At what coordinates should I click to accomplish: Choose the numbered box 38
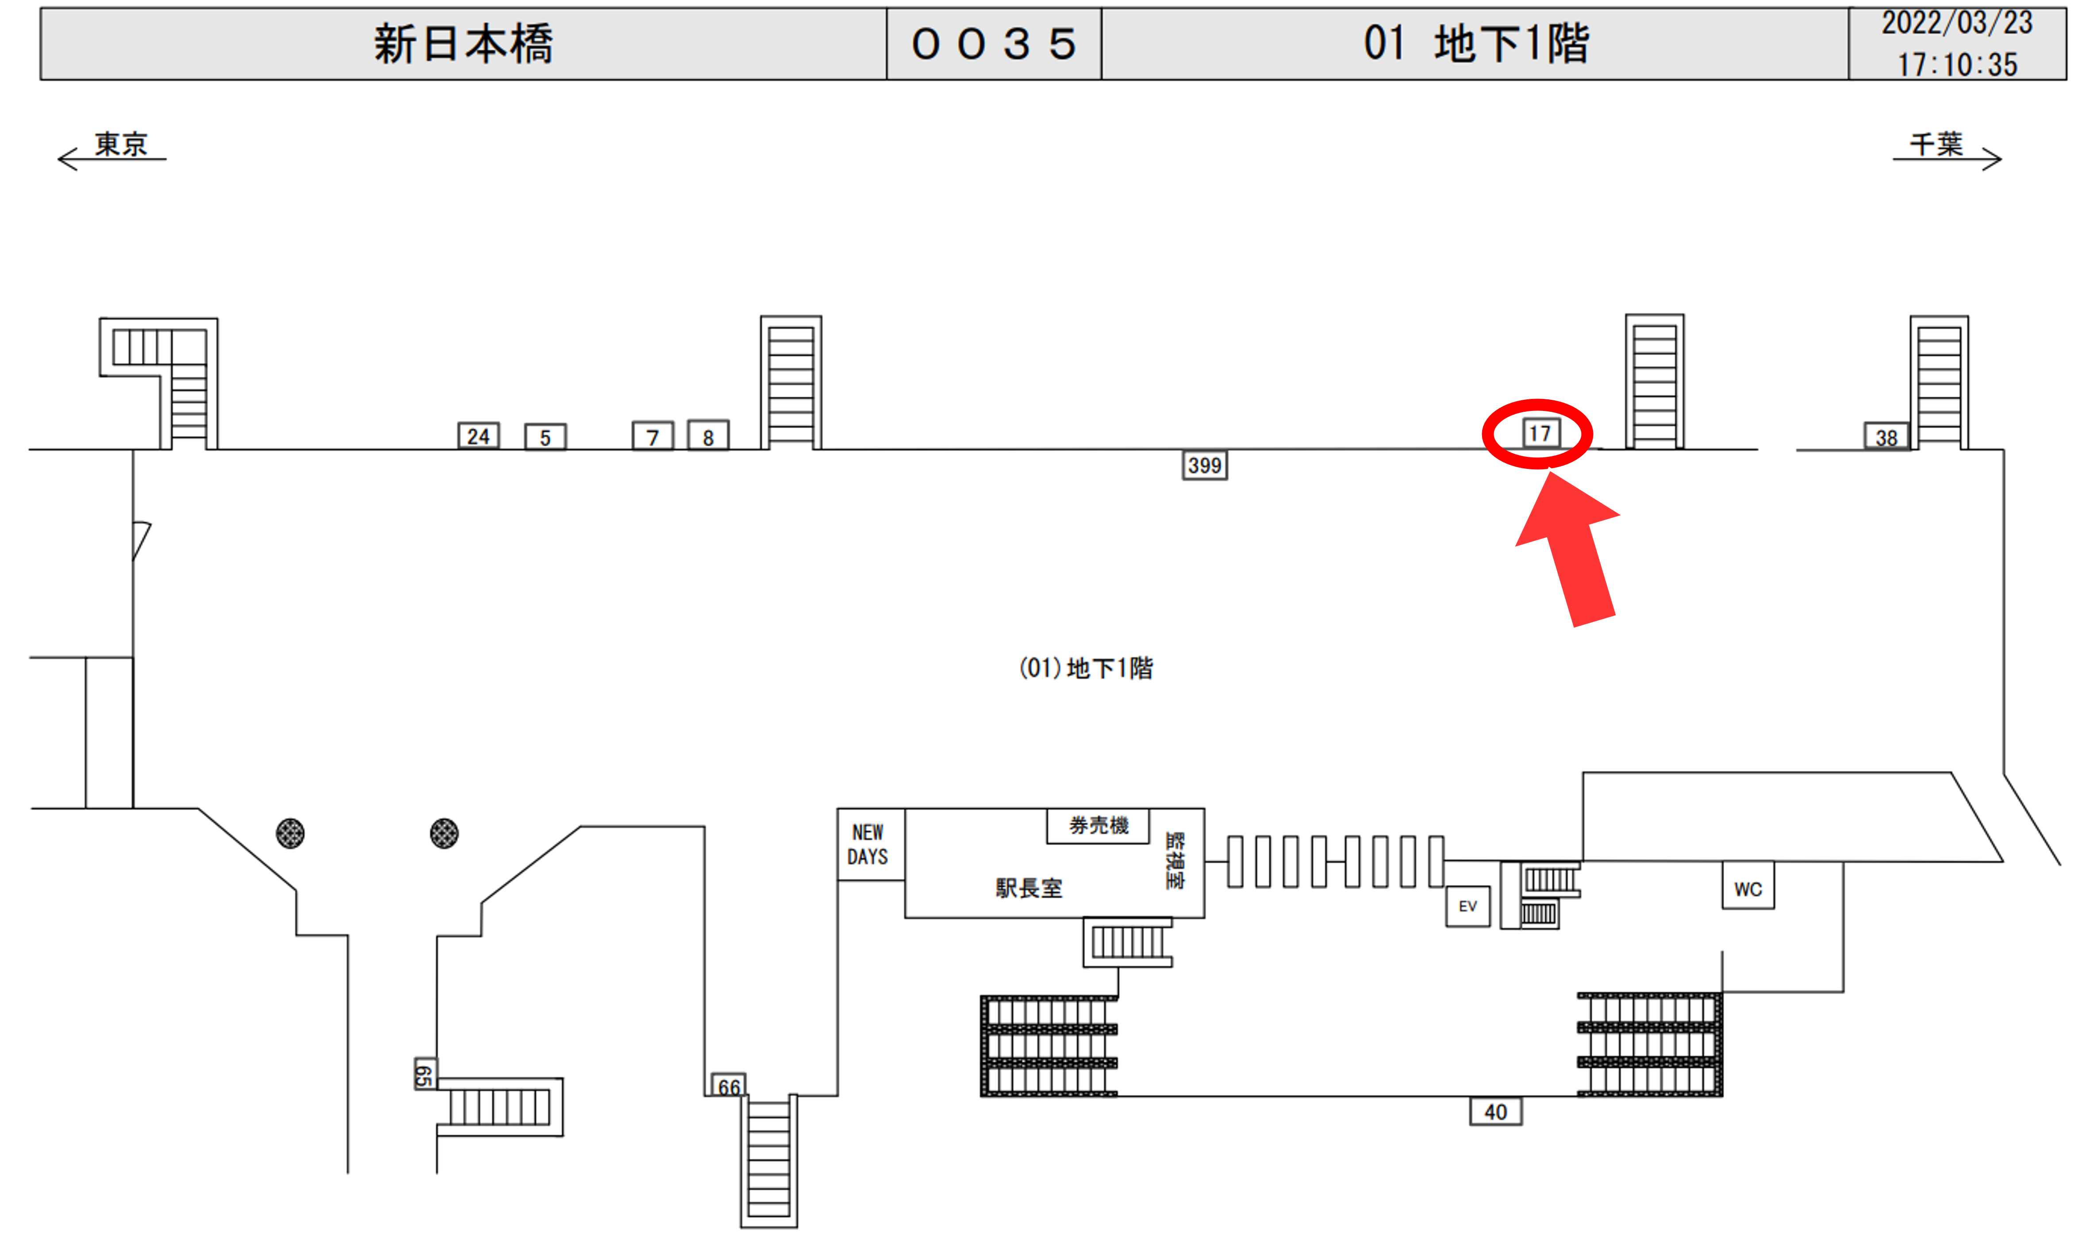click(x=1886, y=437)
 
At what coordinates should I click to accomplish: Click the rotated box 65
click(x=424, y=1074)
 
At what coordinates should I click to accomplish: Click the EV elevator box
click(x=1467, y=906)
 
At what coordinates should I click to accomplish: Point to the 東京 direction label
click(x=121, y=145)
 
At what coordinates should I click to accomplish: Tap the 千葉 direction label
click(x=1936, y=145)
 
